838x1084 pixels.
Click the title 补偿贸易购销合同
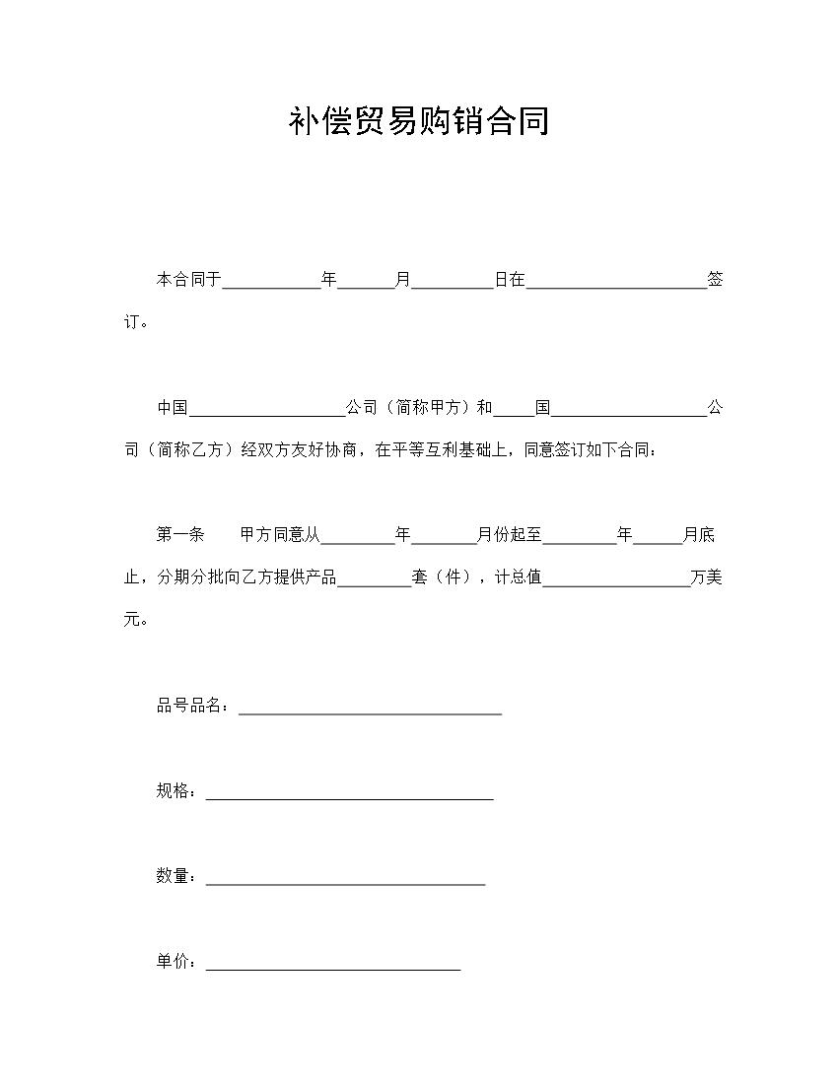coord(419,121)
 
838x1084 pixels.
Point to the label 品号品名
coord(192,706)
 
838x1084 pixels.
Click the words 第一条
coord(180,535)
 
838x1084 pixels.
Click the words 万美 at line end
coord(707,577)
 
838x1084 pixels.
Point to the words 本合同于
coord(188,280)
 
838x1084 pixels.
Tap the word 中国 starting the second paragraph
coord(172,408)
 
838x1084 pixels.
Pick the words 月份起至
coord(509,535)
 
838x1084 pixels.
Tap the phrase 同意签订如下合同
coord(588,450)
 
